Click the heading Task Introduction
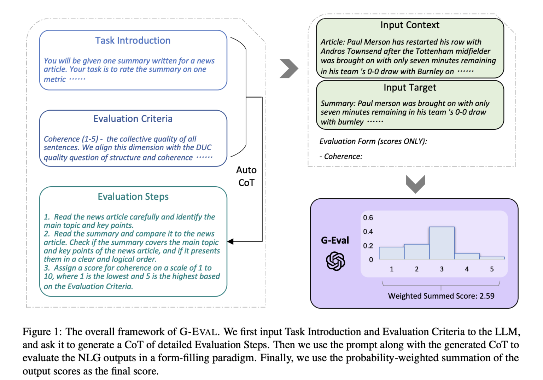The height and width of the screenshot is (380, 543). [133, 41]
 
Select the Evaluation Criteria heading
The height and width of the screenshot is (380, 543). [133, 119]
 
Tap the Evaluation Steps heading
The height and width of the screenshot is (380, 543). [133, 197]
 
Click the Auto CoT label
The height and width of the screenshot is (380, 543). [246, 176]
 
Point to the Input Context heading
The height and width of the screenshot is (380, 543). [410, 25]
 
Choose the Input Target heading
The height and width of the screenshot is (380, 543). [410, 87]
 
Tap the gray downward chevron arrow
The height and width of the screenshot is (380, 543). [415, 184]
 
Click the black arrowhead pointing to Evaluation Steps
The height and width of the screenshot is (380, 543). [230, 241]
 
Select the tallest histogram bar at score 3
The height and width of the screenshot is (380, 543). [442, 243]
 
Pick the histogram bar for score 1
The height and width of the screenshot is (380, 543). [391, 253]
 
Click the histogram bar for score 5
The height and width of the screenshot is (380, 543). [492, 258]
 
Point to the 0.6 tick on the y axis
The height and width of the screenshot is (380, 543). [368, 218]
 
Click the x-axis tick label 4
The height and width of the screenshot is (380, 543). [467, 269]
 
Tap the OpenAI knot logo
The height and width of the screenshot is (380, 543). [335, 261]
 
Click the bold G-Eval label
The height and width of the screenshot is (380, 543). [335, 240]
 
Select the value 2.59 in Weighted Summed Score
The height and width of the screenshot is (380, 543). [487, 296]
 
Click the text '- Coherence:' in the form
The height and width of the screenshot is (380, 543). [341, 156]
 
